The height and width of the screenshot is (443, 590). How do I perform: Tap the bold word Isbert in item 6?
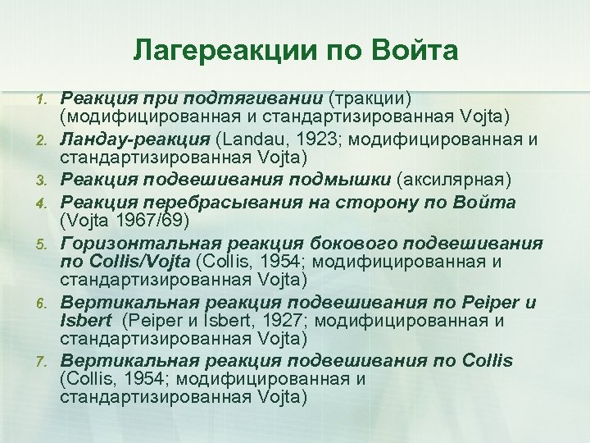pyautogui.click(x=84, y=321)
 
